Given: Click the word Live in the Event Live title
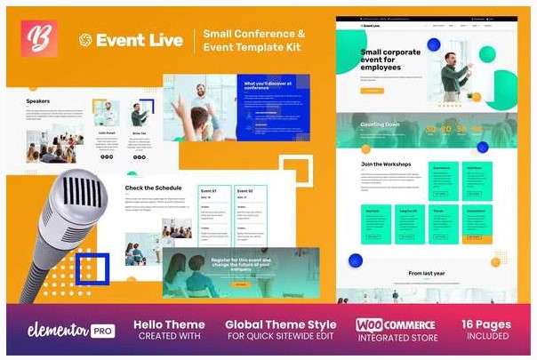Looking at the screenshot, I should point(163,40).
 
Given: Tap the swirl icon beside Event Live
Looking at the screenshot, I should point(85,40).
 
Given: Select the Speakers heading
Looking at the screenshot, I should point(38,101).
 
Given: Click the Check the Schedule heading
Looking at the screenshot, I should point(153,188).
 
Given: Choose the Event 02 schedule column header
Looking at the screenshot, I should point(245,190).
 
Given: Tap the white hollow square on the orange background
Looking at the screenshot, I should point(298,174).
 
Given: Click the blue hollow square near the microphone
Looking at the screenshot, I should point(92,268).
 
